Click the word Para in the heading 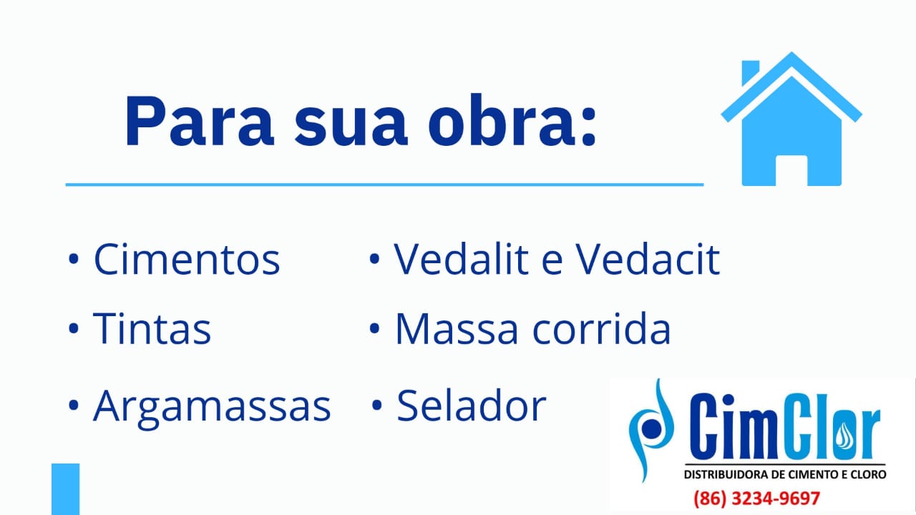(x=200, y=121)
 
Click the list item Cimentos (x=187, y=259)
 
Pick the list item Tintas (x=152, y=328)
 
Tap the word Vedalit (x=462, y=258)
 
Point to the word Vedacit (x=648, y=258)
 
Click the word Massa (x=457, y=328)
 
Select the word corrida (x=602, y=328)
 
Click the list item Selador (x=472, y=406)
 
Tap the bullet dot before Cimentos (x=74, y=259)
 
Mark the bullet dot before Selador (x=377, y=405)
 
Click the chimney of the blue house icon (x=750, y=72)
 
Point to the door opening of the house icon (x=791, y=170)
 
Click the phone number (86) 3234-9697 (x=757, y=499)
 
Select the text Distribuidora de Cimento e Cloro (x=785, y=474)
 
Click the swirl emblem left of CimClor (x=651, y=430)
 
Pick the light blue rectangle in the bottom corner (x=65, y=489)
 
